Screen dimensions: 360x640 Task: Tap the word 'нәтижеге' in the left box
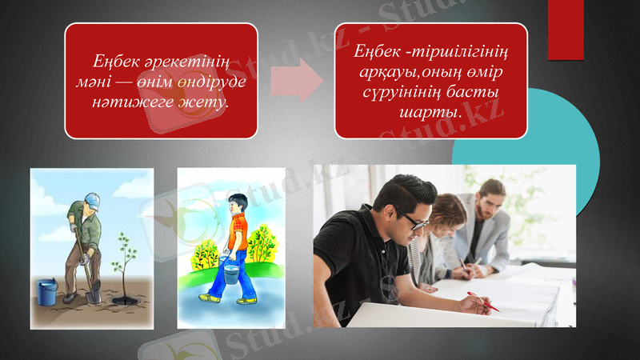[125, 102]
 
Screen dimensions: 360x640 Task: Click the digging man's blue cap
[93, 199]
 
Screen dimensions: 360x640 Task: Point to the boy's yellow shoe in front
[209, 298]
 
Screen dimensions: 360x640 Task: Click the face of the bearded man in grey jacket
[489, 199]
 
